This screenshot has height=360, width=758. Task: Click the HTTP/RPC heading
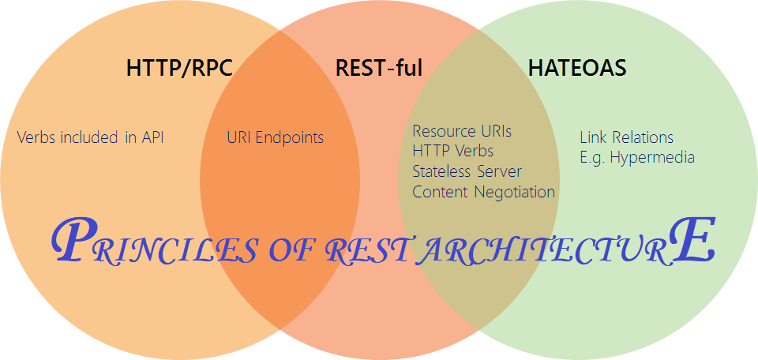tap(179, 68)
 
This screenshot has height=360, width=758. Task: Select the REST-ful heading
tap(379, 68)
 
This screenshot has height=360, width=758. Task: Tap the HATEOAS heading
tap(577, 68)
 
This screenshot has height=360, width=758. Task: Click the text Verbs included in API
tap(90, 137)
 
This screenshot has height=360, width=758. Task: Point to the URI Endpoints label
tap(275, 137)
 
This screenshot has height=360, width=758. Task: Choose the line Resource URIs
tap(462, 130)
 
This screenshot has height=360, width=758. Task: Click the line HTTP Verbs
tap(453, 150)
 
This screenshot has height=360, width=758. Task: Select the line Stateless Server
tap(467, 171)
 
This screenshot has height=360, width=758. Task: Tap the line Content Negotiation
tap(483, 191)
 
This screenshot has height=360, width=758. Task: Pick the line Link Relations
tap(626, 137)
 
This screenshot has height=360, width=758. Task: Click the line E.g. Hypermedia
tap(637, 157)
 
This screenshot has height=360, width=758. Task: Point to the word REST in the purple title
tap(370, 250)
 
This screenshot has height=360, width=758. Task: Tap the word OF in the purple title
tap(291, 250)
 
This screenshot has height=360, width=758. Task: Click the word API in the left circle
tap(153, 137)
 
